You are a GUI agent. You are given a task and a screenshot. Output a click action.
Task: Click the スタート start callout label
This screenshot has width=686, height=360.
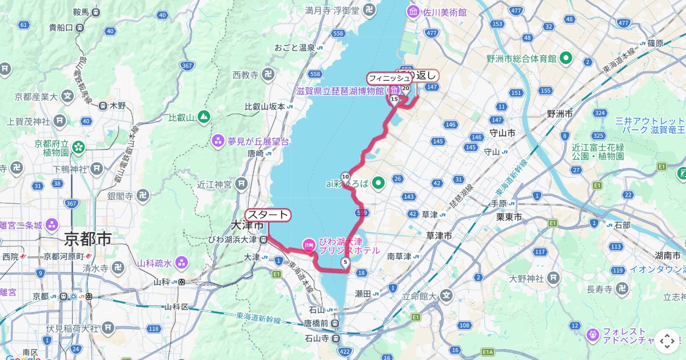coord(268,215)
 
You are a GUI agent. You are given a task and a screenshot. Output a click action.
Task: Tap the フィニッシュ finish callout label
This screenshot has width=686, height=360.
coord(389,77)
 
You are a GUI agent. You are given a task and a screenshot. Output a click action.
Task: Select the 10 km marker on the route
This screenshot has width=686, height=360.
coord(345,176)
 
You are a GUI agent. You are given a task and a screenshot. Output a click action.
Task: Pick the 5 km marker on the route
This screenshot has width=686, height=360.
coord(345,262)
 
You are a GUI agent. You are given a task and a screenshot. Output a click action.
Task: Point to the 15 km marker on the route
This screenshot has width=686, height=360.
coord(394,99)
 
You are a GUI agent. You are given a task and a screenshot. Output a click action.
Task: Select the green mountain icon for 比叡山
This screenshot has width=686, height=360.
coord(204,117)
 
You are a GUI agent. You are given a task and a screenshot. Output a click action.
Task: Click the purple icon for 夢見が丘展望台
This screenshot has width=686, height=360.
coord(218,141)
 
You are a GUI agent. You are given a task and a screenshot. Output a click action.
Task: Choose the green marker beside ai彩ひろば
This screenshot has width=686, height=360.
coord(378,183)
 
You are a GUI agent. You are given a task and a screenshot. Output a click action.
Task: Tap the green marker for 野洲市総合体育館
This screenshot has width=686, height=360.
coord(566,58)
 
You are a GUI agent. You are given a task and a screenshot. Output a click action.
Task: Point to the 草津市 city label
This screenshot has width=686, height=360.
coord(440,235)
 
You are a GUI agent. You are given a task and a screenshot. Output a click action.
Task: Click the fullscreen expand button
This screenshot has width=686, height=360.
coord(667,341)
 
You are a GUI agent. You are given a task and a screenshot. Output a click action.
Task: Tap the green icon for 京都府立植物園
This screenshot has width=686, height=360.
coord(78,147)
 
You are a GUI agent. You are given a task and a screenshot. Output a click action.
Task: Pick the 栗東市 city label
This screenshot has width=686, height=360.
coord(508,217)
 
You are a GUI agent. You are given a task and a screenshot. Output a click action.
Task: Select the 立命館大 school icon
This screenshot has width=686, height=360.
coord(446,295)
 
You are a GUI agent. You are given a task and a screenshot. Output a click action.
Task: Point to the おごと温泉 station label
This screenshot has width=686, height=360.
coord(294,47)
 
